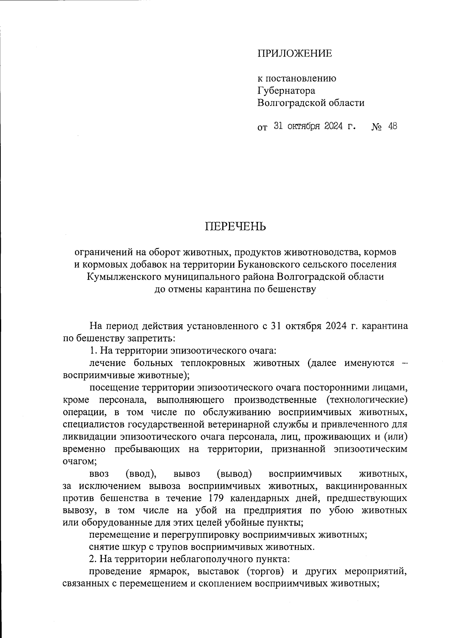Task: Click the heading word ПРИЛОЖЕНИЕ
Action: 294,54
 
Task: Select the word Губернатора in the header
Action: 286,91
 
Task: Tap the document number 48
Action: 393,126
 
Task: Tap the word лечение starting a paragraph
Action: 108,363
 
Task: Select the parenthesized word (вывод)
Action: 234,474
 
